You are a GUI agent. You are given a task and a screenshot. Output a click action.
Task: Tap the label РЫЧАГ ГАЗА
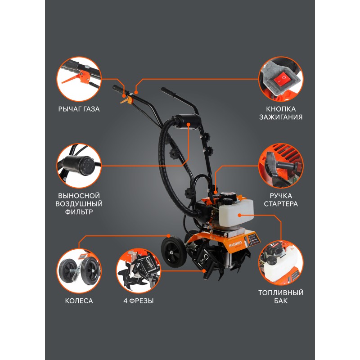click(79, 109)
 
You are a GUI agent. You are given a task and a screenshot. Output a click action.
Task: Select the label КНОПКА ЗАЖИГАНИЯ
click(281, 113)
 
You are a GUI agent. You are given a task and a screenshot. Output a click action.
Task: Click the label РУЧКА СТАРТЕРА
click(281, 200)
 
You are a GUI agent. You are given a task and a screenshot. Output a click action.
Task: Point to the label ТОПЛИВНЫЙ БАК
click(281, 297)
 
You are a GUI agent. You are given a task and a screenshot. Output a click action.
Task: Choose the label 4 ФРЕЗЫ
click(139, 301)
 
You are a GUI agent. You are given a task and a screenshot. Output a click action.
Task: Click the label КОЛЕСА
click(79, 301)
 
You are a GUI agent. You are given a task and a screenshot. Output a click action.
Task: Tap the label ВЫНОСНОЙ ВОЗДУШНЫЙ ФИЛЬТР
click(79, 204)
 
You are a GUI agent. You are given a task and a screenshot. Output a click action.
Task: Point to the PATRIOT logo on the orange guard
click(235, 244)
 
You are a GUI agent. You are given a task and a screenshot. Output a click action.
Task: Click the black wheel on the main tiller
click(174, 252)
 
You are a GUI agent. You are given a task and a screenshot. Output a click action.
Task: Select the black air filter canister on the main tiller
click(186, 121)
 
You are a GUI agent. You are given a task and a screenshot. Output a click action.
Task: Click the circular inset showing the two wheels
click(79, 271)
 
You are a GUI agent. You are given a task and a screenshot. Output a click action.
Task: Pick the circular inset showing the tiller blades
click(139, 271)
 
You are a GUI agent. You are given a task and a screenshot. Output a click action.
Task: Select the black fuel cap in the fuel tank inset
click(272, 260)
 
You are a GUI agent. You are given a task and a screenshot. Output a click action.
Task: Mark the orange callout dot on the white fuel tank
click(240, 215)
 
